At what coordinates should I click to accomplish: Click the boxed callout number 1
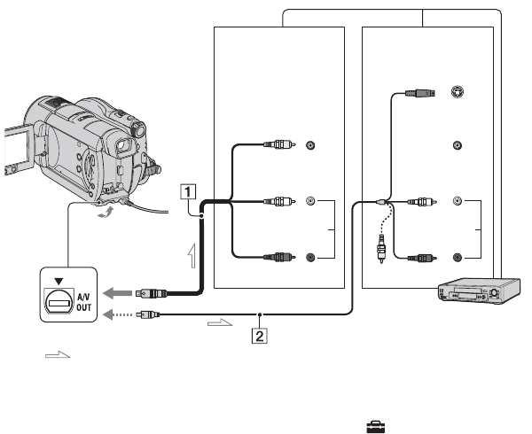pos(188,192)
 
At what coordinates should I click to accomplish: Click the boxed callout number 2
pos(259,336)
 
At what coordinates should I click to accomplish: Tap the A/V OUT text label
pos(84,302)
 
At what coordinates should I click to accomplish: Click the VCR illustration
pos(479,291)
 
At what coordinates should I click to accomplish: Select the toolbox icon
pos(376,427)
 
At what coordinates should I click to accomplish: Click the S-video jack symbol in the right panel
pos(458,92)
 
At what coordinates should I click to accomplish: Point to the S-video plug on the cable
pos(420,92)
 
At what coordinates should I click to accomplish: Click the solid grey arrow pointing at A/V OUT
pos(117,293)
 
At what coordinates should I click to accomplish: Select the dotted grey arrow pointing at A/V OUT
pos(117,314)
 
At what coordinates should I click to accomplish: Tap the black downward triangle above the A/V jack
pos(59,281)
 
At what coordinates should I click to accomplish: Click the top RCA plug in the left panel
pos(279,144)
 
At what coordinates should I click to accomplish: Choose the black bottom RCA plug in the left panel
pos(279,257)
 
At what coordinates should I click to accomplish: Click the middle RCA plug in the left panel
pos(279,202)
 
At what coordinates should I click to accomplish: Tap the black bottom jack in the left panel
pos(310,258)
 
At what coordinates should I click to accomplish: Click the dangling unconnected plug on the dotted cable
pos(381,249)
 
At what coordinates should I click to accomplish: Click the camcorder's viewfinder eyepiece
pos(124,145)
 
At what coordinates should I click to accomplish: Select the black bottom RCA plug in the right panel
pos(422,258)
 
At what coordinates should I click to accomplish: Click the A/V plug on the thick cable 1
pos(151,293)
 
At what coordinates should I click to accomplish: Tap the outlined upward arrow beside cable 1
pos(192,255)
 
